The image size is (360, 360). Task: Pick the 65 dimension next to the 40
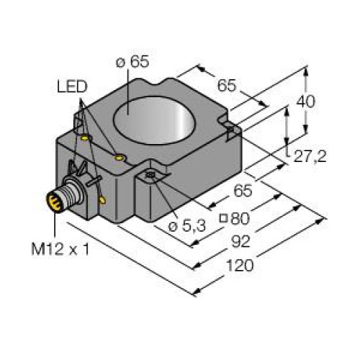coord(227,86)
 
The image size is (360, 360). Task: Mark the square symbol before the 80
coord(224,218)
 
